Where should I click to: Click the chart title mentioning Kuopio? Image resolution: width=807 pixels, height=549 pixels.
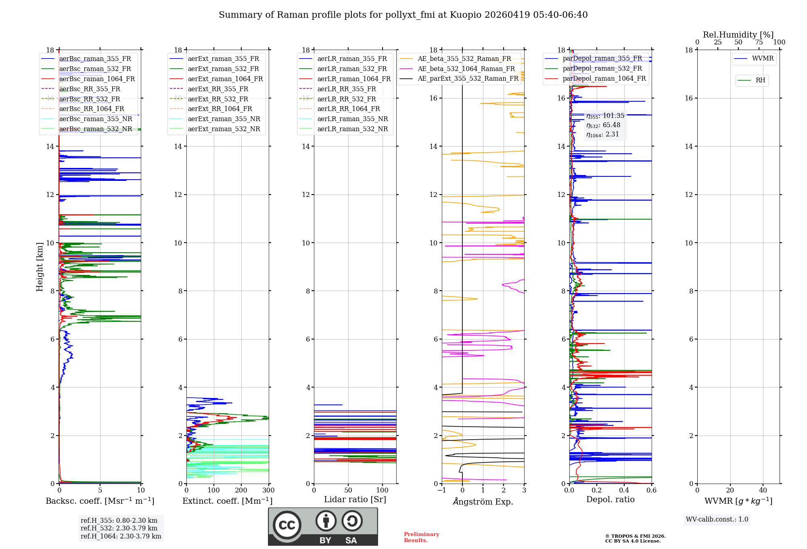pos(403,15)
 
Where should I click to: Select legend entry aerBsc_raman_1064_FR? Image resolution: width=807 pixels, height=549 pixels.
pos(97,79)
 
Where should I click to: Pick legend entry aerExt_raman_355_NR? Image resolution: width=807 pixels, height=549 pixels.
pos(224,119)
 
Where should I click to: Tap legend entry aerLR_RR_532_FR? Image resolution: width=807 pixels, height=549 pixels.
pos(346,99)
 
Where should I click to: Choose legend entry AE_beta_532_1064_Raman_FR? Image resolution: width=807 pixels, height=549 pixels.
pos(466,69)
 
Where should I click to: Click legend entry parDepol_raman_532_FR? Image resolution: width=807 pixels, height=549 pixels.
pos(602,69)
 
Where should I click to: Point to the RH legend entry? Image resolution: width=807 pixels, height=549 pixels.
pos(760,80)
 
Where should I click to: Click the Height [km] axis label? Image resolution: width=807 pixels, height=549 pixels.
pos(40,266)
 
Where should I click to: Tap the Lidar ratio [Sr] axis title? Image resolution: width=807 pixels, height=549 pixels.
pos(355,499)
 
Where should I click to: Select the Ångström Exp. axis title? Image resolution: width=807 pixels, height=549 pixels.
pos(483,501)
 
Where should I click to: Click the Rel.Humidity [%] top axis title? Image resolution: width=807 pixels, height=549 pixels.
pos(738,35)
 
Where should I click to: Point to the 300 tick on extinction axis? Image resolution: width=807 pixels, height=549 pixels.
pos(268,490)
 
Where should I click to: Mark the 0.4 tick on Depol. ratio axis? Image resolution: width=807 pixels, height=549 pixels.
pos(624,490)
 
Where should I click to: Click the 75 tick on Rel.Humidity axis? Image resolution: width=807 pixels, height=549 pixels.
pos(759,42)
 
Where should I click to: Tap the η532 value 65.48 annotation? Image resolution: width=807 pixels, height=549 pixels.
pos(603,125)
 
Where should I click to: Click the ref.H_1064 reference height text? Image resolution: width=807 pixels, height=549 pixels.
pos(121,536)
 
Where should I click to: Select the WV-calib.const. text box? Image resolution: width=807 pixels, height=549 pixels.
pos(717,520)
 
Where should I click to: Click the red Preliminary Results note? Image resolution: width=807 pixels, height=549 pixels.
pos(421,537)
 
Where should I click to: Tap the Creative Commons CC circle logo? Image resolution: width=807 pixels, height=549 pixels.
pos(287,525)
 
